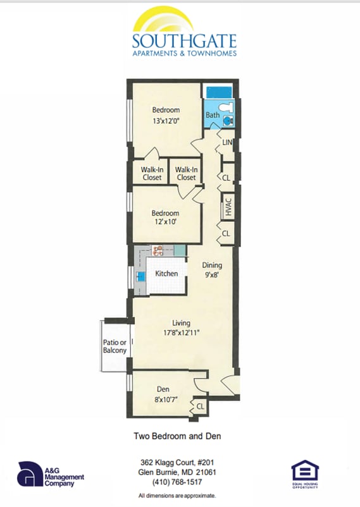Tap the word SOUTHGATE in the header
(184, 42)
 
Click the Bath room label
(213, 115)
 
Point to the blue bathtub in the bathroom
(219, 92)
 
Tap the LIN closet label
(227, 144)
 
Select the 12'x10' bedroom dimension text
(165, 223)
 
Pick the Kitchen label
(166, 274)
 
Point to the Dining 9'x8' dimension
(211, 276)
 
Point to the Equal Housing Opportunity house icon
(305, 471)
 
